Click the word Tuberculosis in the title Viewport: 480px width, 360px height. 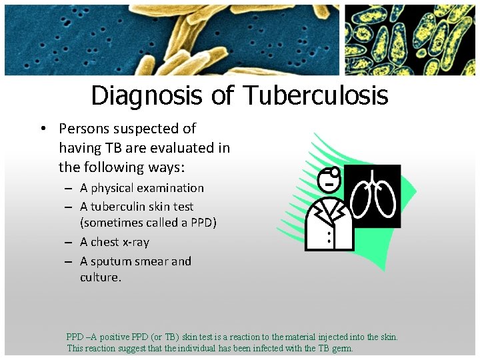click(315, 95)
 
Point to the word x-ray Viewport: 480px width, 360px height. click(133, 242)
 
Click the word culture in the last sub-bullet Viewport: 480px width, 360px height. click(100, 277)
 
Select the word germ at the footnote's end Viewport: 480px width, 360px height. click(341, 348)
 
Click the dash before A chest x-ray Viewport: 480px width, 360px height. click(70, 243)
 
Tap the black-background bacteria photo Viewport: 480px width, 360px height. click(410, 39)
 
